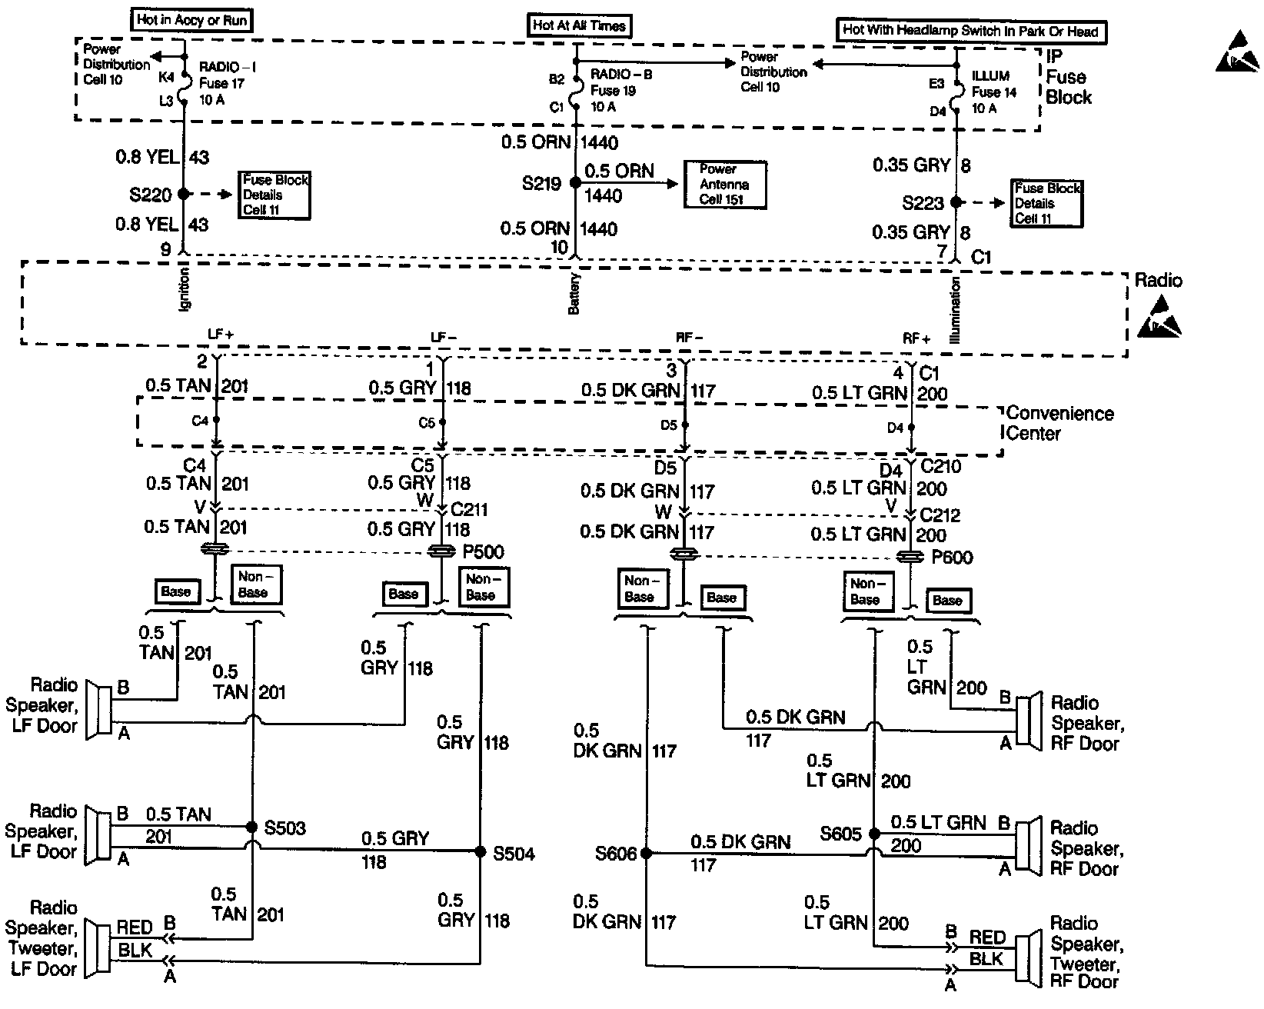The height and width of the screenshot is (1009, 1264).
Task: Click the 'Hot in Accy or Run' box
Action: [x=192, y=21]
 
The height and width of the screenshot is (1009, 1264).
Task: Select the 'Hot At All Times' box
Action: [x=579, y=25]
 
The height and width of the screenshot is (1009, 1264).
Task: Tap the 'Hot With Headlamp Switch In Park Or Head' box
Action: [x=971, y=31]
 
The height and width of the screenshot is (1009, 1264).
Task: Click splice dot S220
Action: [x=184, y=195]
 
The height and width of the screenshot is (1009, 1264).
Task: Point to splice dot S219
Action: [x=576, y=183]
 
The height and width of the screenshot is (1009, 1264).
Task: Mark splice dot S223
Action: [x=956, y=202]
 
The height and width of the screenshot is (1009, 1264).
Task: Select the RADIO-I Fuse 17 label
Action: [x=227, y=83]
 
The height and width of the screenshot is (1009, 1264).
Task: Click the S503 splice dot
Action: [x=251, y=828]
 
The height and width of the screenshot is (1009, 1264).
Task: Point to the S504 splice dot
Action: [x=481, y=851]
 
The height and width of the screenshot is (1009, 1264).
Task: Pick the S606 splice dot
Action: [x=647, y=853]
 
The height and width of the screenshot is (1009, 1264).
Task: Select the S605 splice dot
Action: [x=874, y=834]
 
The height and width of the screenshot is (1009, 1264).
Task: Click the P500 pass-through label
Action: [x=483, y=553]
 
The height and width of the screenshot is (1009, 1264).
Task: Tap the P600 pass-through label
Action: [x=952, y=557]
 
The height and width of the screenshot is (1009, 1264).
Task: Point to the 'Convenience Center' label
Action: [x=1059, y=424]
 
